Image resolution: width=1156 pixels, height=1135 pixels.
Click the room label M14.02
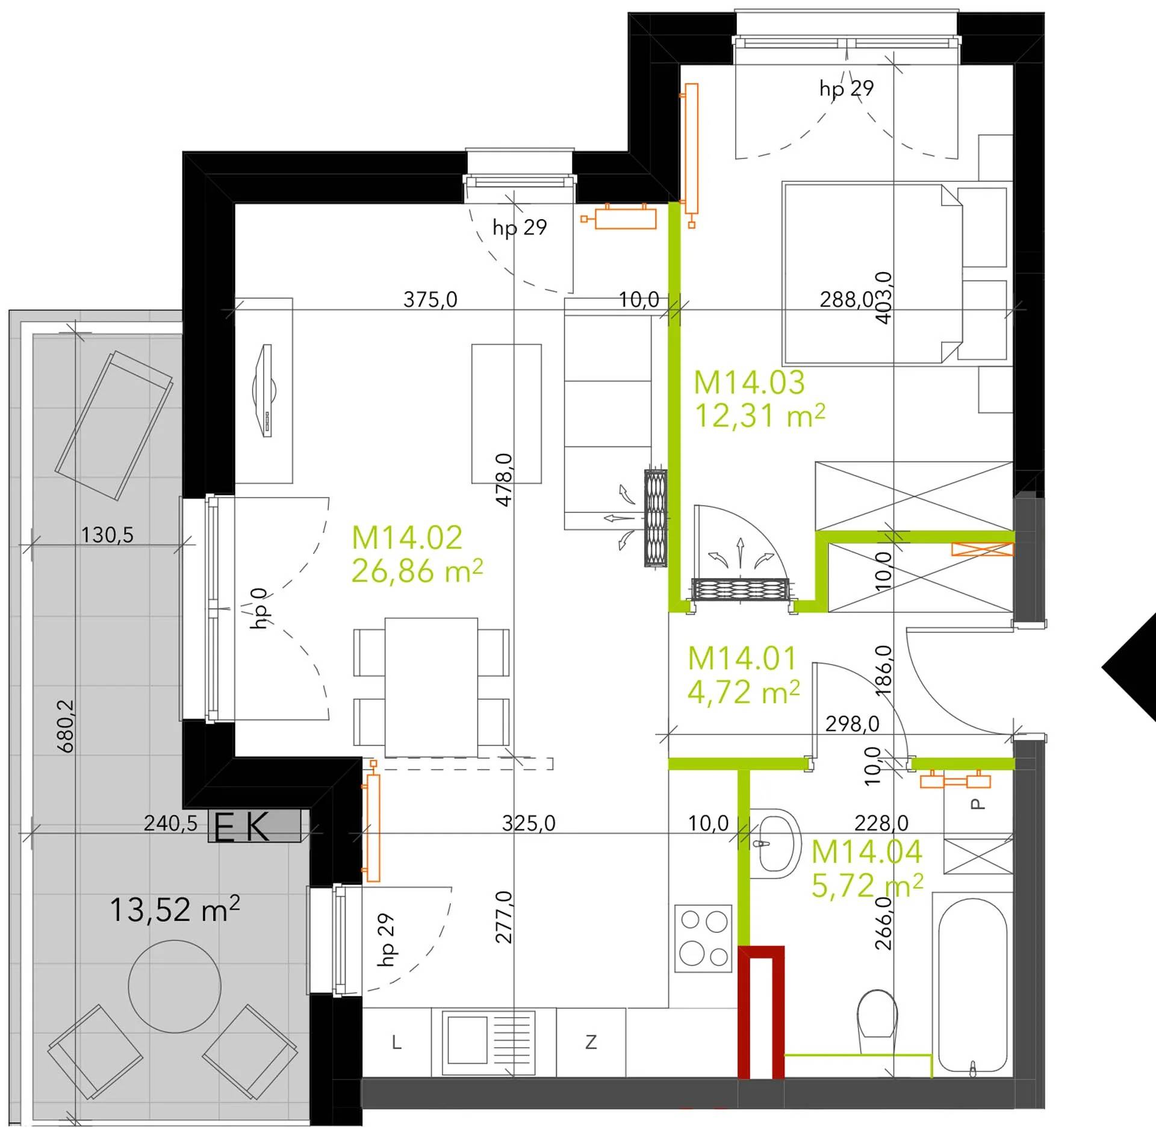point(407,538)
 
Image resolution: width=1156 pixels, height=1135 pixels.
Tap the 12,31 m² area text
point(760,415)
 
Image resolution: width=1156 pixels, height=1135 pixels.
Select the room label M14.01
point(742,659)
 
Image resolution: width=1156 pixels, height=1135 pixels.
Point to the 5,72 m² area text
point(867,885)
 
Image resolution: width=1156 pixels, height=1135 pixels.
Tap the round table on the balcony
point(175,987)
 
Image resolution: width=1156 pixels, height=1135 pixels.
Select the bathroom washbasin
point(777,843)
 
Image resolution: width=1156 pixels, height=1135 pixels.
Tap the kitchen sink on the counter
point(488,1043)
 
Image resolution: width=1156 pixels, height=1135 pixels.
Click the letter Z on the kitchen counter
point(591,1042)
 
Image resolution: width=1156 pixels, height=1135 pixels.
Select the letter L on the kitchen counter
point(396,1042)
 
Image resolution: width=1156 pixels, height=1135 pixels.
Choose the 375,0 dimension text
point(430,299)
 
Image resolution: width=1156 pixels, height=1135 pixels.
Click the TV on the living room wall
point(264,390)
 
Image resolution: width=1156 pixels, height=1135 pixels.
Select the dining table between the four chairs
point(431,687)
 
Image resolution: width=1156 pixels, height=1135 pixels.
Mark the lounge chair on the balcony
point(114,426)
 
